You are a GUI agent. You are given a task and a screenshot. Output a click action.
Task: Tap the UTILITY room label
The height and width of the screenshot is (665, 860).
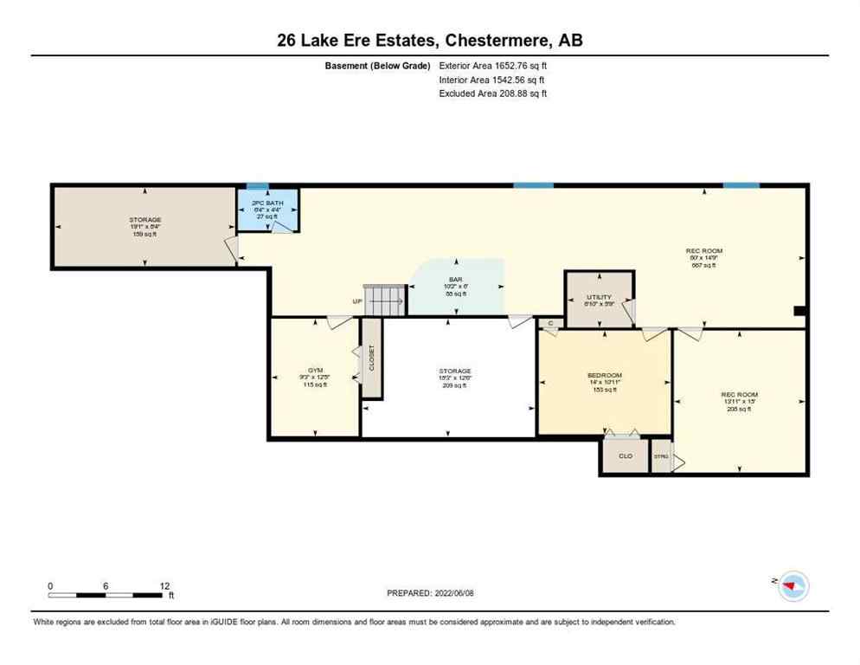tap(599, 297)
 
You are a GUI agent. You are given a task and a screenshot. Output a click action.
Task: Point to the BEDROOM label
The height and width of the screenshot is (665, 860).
tap(604, 375)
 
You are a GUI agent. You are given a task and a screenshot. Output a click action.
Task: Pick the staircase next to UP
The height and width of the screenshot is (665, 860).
tap(384, 300)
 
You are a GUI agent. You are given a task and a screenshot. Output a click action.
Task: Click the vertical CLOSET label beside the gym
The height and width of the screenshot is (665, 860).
tap(371, 358)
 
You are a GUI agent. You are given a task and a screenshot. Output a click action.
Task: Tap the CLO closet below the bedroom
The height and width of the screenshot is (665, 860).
tap(625, 455)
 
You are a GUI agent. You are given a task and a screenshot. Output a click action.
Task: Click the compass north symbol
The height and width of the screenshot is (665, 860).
tap(792, 586)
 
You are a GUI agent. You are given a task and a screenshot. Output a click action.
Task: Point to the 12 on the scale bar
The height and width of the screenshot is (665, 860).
tap(164, 586)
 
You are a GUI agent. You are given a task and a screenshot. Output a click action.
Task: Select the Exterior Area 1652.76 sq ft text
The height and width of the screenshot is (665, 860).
tap(493, 65)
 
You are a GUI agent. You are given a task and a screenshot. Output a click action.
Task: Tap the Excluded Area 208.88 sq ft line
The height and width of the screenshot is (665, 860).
tap(493, 94)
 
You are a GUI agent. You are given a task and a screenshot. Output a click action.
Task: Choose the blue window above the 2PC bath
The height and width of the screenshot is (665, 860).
tap(257, 185)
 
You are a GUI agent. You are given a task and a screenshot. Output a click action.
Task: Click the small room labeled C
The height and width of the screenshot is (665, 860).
tap(550, 323)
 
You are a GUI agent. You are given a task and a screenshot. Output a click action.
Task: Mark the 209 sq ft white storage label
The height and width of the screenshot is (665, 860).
tap(454, 385)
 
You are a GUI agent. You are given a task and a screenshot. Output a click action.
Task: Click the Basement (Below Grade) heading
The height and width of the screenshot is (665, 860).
tap(377, 65)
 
